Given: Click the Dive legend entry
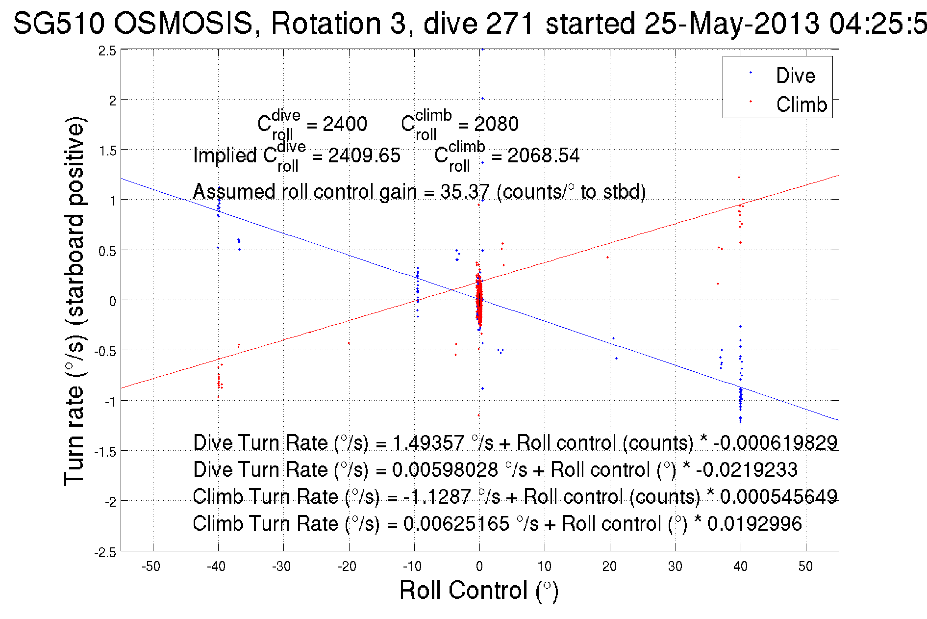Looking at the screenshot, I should (x=795, y=76).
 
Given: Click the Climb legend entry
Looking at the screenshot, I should (x=801, y=104).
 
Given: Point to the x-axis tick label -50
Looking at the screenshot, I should (x=151, y=567).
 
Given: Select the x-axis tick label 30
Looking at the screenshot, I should (x=675, y=567).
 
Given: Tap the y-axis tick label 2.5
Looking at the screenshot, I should (x=107, y=51).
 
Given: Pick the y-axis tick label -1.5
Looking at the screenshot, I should (x=105, y=452).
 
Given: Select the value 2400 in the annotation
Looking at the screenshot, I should (x=345, y=124).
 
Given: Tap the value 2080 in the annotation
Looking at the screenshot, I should (x=496, y=124).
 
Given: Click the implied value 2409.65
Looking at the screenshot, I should (x=364, y=155).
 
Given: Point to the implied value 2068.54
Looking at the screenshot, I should (x=543, y=155).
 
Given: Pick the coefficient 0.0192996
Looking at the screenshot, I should (x=754, y=524).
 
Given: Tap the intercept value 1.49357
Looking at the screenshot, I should (x=428, y=443).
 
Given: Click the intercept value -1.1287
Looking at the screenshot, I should (x=437, y=497).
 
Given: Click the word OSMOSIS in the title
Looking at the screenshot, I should (x=184, y=23).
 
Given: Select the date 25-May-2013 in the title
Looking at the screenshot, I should (x=731, y=23).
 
